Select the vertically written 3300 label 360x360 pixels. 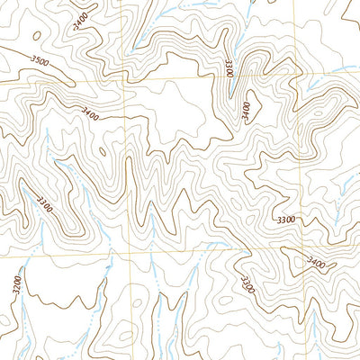pos(229,67)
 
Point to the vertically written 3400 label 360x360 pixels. pos(247,109)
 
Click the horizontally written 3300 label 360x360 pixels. pos(285,220)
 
